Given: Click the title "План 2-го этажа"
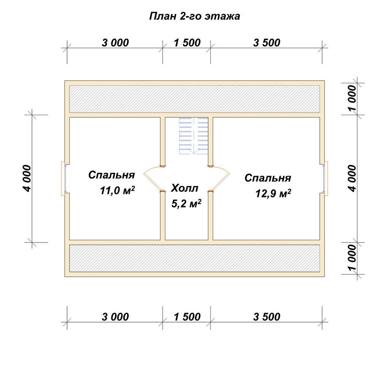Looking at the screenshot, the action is (x=194, y=16).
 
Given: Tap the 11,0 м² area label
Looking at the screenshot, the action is (x=117, y=191).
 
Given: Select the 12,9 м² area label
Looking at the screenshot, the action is (x=273, y=193).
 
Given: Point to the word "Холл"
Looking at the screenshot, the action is (x=184, y=188).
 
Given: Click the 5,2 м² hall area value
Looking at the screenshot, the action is (x=186, y=204).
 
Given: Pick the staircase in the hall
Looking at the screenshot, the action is (x=194, y=136).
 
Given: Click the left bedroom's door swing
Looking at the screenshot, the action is (x=153, y=179).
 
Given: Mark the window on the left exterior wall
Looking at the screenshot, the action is (x=64, y=179).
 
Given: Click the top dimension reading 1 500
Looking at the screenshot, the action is (x=187, y=43).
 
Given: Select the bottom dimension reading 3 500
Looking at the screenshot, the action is (x=267, y=317).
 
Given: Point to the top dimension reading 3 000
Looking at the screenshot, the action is (x=116, y=43).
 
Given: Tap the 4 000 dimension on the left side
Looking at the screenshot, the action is (x=28, y=179).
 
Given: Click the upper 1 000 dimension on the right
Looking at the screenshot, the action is (x=352, y=98).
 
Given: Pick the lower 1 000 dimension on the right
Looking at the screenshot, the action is (x=352, y=258).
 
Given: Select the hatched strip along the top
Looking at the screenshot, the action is (x=194, y=99).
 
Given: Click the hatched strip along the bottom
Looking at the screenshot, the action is (x=194, y=258).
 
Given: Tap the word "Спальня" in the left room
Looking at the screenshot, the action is (x=112, y=175).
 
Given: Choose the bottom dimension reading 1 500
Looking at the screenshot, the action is (x=187, y=317).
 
